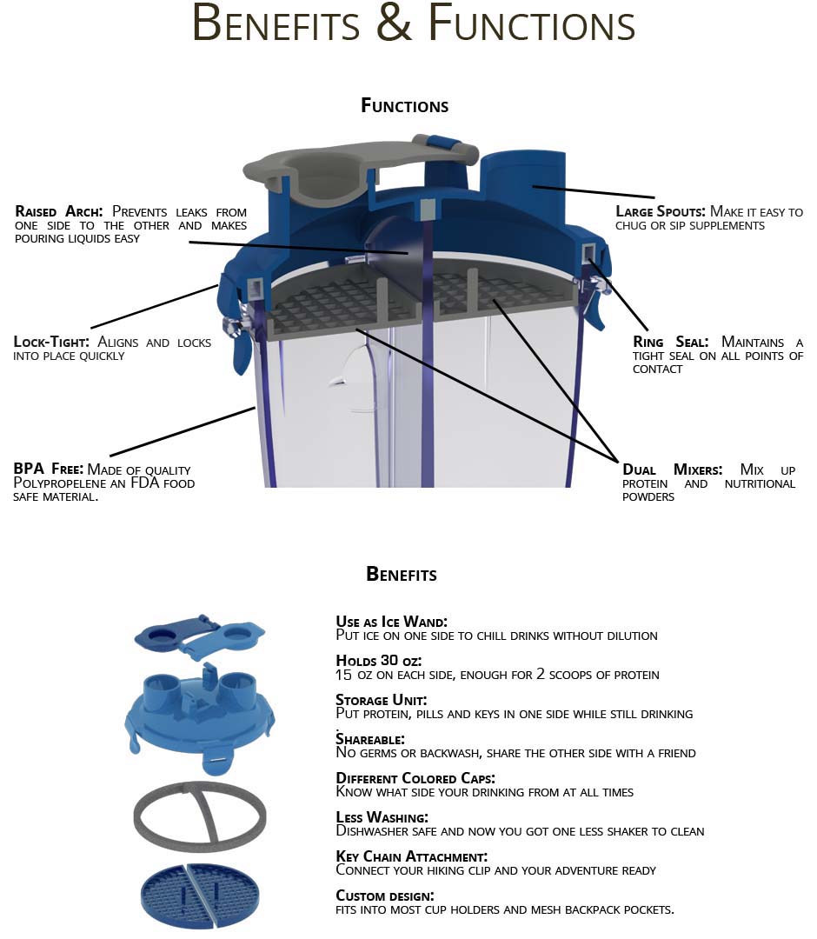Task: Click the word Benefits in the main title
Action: click(276, 24)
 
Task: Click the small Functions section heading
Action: click(404, 106)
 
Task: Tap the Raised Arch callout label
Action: click(59, 211)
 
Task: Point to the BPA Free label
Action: click(48, 469)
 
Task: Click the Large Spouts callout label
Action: click(660, 211)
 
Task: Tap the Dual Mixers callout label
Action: click(672, 469)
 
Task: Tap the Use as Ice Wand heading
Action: click(391, 622)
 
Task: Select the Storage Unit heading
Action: click(381, 700)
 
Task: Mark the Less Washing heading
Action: click(382, 817)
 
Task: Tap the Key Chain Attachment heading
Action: click(411, 856)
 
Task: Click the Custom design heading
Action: click(384, 896)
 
